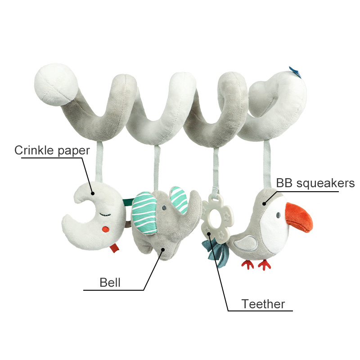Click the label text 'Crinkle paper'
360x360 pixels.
point(52,150)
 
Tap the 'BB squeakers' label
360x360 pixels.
point(315,183)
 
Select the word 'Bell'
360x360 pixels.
point(110,283)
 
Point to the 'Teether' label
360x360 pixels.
point(263,304)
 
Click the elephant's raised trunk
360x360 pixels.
point(193,202)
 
